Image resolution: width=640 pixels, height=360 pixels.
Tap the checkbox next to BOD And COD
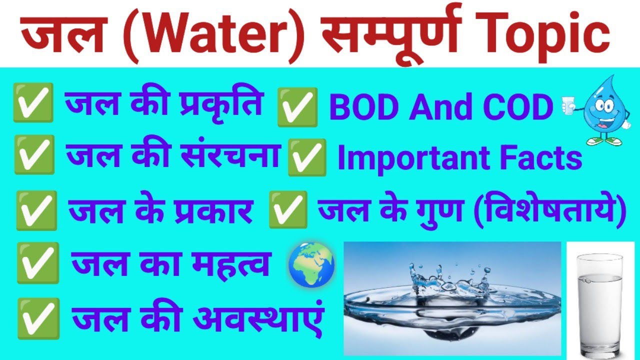[297, 106]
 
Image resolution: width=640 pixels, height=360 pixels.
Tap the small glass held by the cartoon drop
[567, 105]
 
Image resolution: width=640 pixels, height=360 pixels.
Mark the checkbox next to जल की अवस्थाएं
[38, 317]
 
